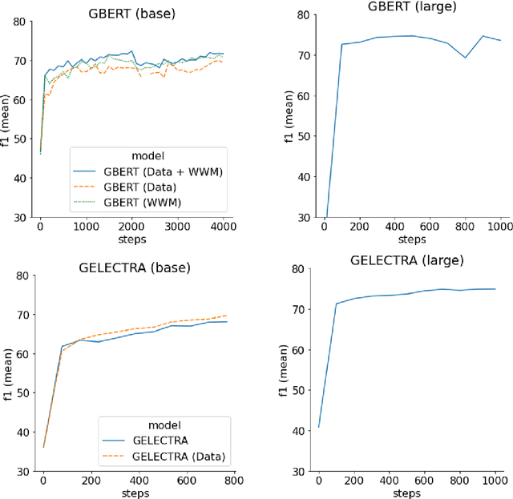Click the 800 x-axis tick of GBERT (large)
pos(465,227)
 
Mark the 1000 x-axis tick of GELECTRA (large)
pos(496,483)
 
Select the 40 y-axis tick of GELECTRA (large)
pos(299,431)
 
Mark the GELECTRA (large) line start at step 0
pos(319,426)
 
